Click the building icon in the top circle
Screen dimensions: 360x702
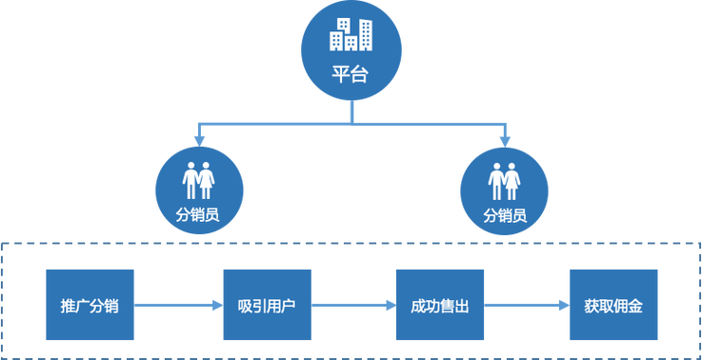point(350,34)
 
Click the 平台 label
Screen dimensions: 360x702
point(350,73)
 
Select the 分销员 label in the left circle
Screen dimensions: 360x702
point(198,215)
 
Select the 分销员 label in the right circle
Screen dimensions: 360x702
point(504,215)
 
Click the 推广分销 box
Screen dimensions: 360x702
point(90,306)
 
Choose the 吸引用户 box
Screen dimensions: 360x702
point(267,306)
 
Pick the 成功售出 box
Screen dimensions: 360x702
point(439,306)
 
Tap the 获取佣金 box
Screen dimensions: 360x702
point(613,306)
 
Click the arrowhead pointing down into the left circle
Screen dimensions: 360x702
point(198,139)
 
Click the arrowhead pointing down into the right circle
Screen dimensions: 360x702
point(505,139)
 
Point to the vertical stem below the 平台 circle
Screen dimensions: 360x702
point(351,112)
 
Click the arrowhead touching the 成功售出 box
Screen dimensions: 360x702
point(388,306)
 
